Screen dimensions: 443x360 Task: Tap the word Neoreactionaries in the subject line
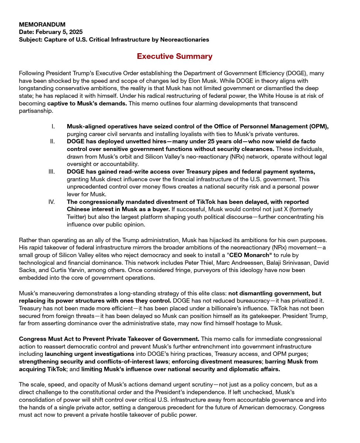pos(184,39)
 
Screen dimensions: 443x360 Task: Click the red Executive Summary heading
pos(175,56)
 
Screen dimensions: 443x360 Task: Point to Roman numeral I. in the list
pos(54,127)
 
